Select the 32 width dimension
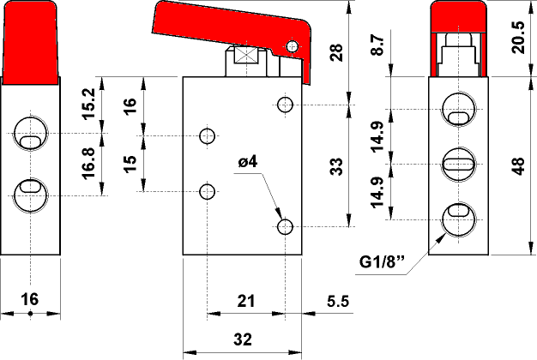coord(243,339)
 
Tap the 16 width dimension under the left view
coord(29,299)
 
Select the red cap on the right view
coord(456,15)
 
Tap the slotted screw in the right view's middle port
coord(456,161)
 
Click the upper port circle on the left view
coord(30,134)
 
